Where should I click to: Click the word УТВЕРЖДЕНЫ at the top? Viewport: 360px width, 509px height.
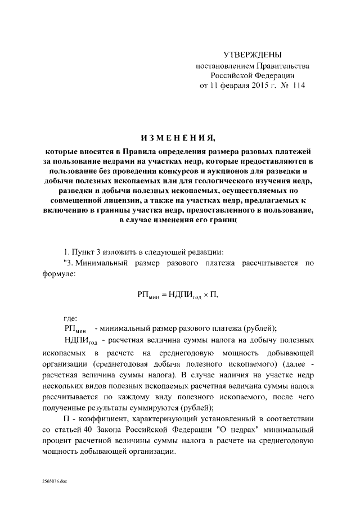tap(252, 55)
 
